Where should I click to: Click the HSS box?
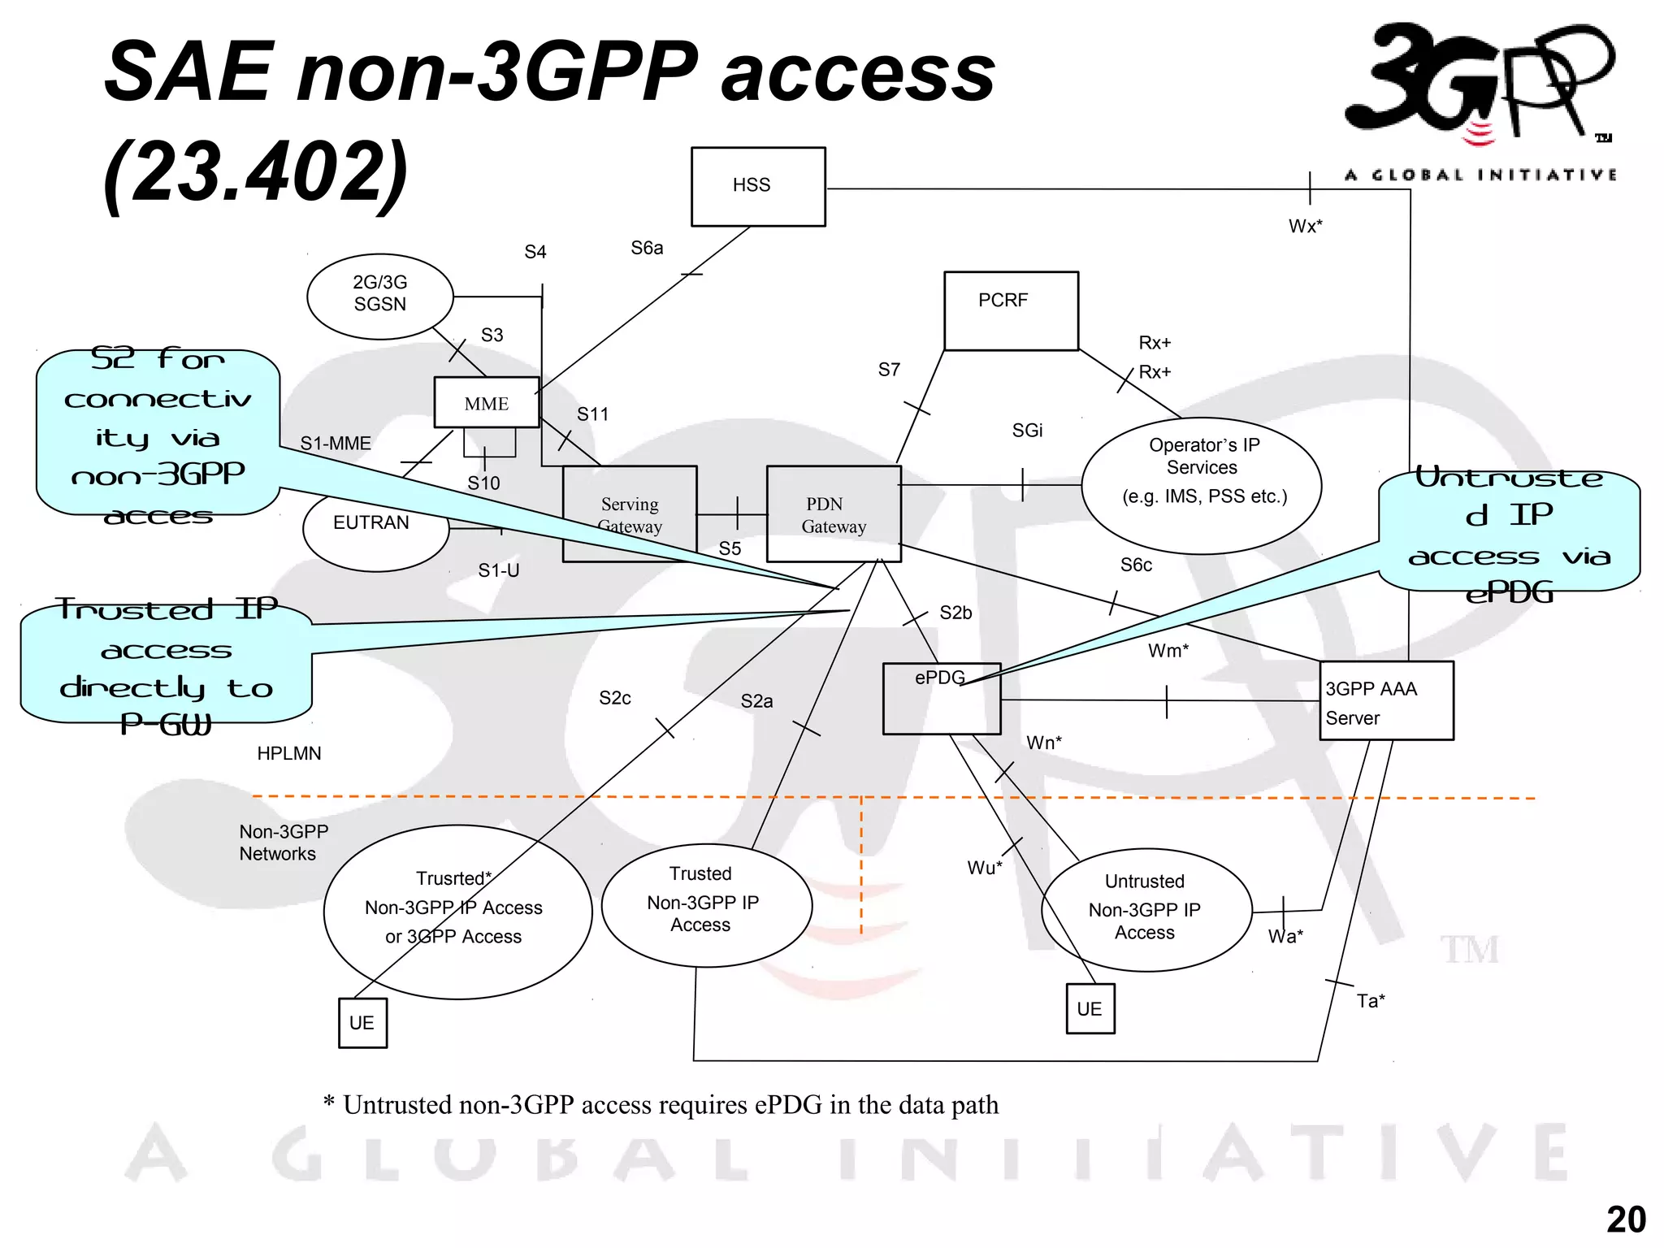[x=757, y=186]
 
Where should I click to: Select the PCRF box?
[x=1011, y=310]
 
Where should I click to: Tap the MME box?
[x=486, y=403]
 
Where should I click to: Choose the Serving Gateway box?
[x=630, y=513]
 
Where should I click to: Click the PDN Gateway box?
[x=833, y=514]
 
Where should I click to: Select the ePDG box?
[x=941, y=699]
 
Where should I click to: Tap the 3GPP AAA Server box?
[x=1385, y=701]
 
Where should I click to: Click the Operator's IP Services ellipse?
[x=1202, y=485]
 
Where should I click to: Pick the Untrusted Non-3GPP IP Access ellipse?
[x=1146, y=909]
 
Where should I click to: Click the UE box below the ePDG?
[x=1090, y=1008]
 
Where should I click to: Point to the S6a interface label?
[x=647, y=248]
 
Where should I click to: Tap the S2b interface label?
[x=955, y=613]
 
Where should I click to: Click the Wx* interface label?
[x=1305, y=227]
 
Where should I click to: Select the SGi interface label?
[x=1027, y=431]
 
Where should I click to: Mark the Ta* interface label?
[x=1371, y=1001]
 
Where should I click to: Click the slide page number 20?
[x=1626, y=1220]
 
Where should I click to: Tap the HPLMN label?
[x=288, y=754]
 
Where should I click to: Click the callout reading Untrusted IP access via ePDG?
[x=1509, y=532]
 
